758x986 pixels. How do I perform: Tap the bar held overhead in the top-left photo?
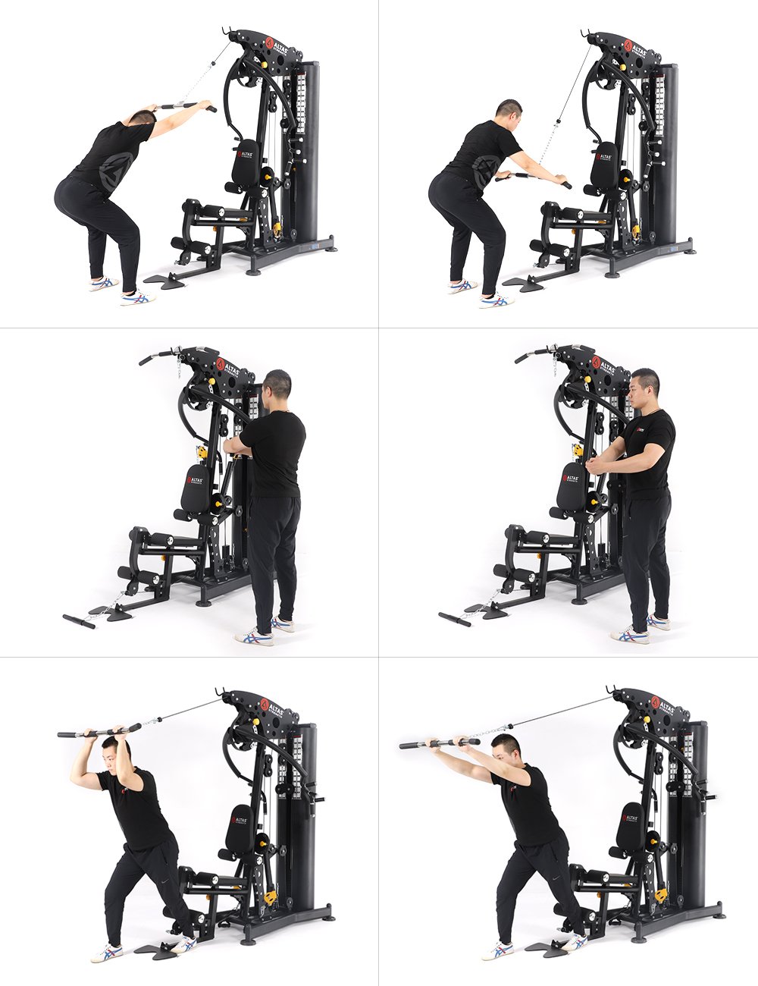[x=186, y=105]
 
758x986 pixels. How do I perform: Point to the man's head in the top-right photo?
[x=509, y=112]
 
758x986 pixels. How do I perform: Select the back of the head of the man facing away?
[x=278, y=385]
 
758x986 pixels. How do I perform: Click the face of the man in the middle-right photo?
[x=642, y=388]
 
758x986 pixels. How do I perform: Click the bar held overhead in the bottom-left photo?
[x=99, y=732]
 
